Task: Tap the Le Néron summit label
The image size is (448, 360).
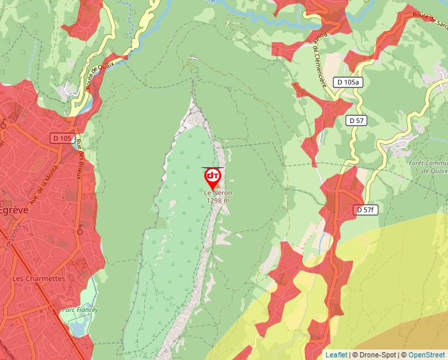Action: click(x=217, y=193)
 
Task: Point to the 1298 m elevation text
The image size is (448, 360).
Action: click(x=218, y=201)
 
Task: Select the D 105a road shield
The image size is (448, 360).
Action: click(x=347, y=82)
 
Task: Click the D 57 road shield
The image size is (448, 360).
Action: click(x=356, y=120)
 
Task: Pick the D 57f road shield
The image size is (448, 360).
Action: click(x=366, y=210)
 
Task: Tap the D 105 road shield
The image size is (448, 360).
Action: click(x=62, y=138)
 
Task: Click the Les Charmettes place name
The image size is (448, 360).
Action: click(x=39, y=278)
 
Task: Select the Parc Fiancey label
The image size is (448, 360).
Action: click(x=79, y=310)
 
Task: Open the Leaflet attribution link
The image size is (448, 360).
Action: click(x=336, y=355)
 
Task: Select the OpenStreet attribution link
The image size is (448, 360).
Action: click(x=426, y=355)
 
